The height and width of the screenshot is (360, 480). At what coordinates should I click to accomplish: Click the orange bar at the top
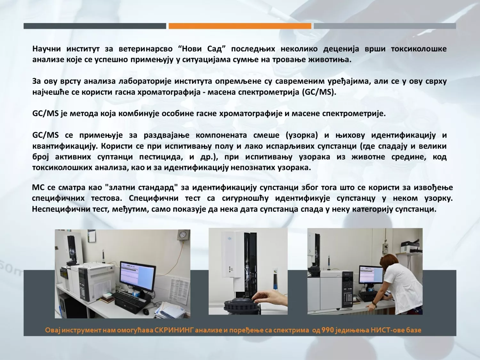click(x=240, y=26)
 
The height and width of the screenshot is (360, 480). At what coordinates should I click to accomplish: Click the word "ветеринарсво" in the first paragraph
click(x=146, y=49)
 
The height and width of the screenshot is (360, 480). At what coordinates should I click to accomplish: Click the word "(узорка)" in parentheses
click(x=302, y=135)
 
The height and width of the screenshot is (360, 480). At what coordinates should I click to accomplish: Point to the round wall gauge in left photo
click(x=182, y=235)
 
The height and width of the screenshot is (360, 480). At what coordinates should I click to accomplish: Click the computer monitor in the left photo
click(x=138, y=273)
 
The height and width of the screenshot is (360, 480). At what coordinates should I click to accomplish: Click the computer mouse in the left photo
click(x=146, y=312)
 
